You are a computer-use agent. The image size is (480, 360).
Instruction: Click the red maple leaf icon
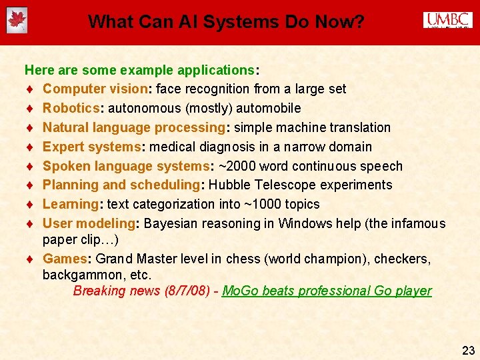click(x=16, y=21)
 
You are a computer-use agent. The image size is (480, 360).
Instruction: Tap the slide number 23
click(x=468, y=350)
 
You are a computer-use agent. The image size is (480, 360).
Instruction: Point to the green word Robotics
click(x=70, y=108)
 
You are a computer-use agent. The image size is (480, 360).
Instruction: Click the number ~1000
click(x=249, y=204)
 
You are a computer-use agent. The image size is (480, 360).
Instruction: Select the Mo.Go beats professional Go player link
click(x=327, y=291)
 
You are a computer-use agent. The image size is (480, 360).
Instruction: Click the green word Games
click(x=62, y=259)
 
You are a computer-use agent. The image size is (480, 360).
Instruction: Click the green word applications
click(x=213, y=69)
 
